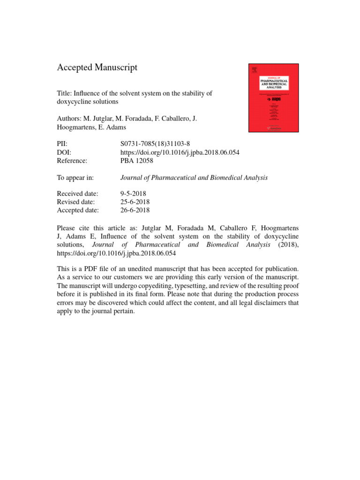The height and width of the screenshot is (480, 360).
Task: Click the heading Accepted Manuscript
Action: pyautogui.click(x=97, y=67)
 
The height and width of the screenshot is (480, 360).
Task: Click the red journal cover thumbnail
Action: pyautogui.click(x=273, y=97)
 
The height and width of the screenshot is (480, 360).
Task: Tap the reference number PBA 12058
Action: pyautogui.click(x=137, y=161)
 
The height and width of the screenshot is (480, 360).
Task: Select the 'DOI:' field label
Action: pyautogui.click(x=65, y=153)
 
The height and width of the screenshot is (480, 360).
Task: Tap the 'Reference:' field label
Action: pyautogui.click(x=72, y=161)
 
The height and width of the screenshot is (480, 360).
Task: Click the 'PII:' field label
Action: pyautogui.click(x=63, y=144)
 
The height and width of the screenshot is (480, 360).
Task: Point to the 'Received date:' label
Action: pyautogui.click(x=78, y=194)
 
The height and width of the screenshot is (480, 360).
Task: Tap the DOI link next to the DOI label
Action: pyautogui.click(x=180, y=153)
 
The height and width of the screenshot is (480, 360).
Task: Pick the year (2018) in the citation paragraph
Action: pyautogui.click(x=287, y=245)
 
